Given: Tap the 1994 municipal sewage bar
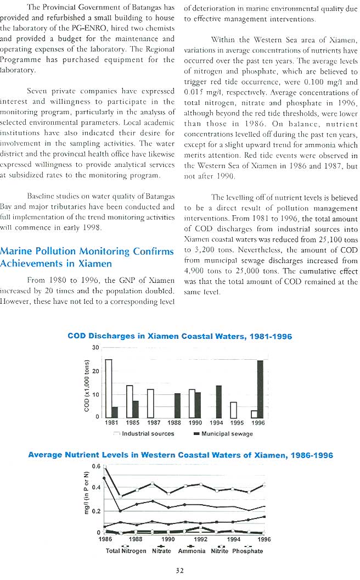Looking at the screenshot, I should [x=218, y=401].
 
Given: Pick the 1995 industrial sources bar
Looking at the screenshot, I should [x=233, y=410].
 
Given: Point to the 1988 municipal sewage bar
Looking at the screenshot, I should [x=177, y=405].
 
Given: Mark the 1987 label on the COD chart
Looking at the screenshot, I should [x=154, y=423].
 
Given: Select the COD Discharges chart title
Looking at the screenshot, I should [x=179, y=336].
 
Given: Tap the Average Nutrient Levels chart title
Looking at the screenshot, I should [x=180, y=455].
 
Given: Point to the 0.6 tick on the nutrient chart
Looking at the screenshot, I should [x=94, y=466].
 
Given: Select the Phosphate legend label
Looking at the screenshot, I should [x=248, y=550].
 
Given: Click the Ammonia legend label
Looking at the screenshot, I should [x=192, y=550].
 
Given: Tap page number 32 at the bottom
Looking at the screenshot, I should [x=179, y=571].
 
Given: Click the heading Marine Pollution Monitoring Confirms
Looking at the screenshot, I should [x=87, y=252].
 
